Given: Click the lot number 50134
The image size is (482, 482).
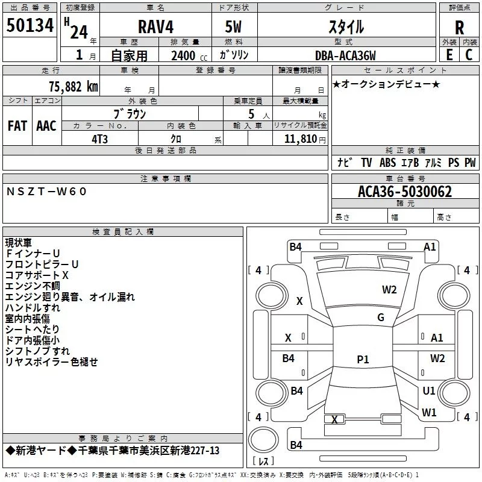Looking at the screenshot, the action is (30, 25).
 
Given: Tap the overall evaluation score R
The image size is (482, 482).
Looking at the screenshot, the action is (459, 27).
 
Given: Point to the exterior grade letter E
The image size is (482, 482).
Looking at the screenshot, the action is (449, 54).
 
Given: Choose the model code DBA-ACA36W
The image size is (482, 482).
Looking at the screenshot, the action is (345, 55).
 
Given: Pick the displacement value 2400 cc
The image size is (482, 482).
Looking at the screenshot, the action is (184, 56).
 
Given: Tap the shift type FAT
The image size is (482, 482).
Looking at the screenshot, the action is (17, 125).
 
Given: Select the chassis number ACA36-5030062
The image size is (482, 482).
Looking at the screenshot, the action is (405, 192).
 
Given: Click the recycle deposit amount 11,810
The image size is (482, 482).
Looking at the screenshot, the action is (300, 139).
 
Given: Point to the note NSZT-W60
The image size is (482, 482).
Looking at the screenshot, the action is (47, 191).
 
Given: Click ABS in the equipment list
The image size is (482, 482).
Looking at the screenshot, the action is (388, 162).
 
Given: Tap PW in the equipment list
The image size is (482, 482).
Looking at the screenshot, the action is (470, 162).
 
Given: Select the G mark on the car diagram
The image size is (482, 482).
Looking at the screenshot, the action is (380, 317).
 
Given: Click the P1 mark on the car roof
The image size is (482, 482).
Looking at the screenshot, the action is (363, 360).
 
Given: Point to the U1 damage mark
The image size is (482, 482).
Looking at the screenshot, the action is (429, 390).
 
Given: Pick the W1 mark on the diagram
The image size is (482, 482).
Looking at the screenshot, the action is (429, 413).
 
